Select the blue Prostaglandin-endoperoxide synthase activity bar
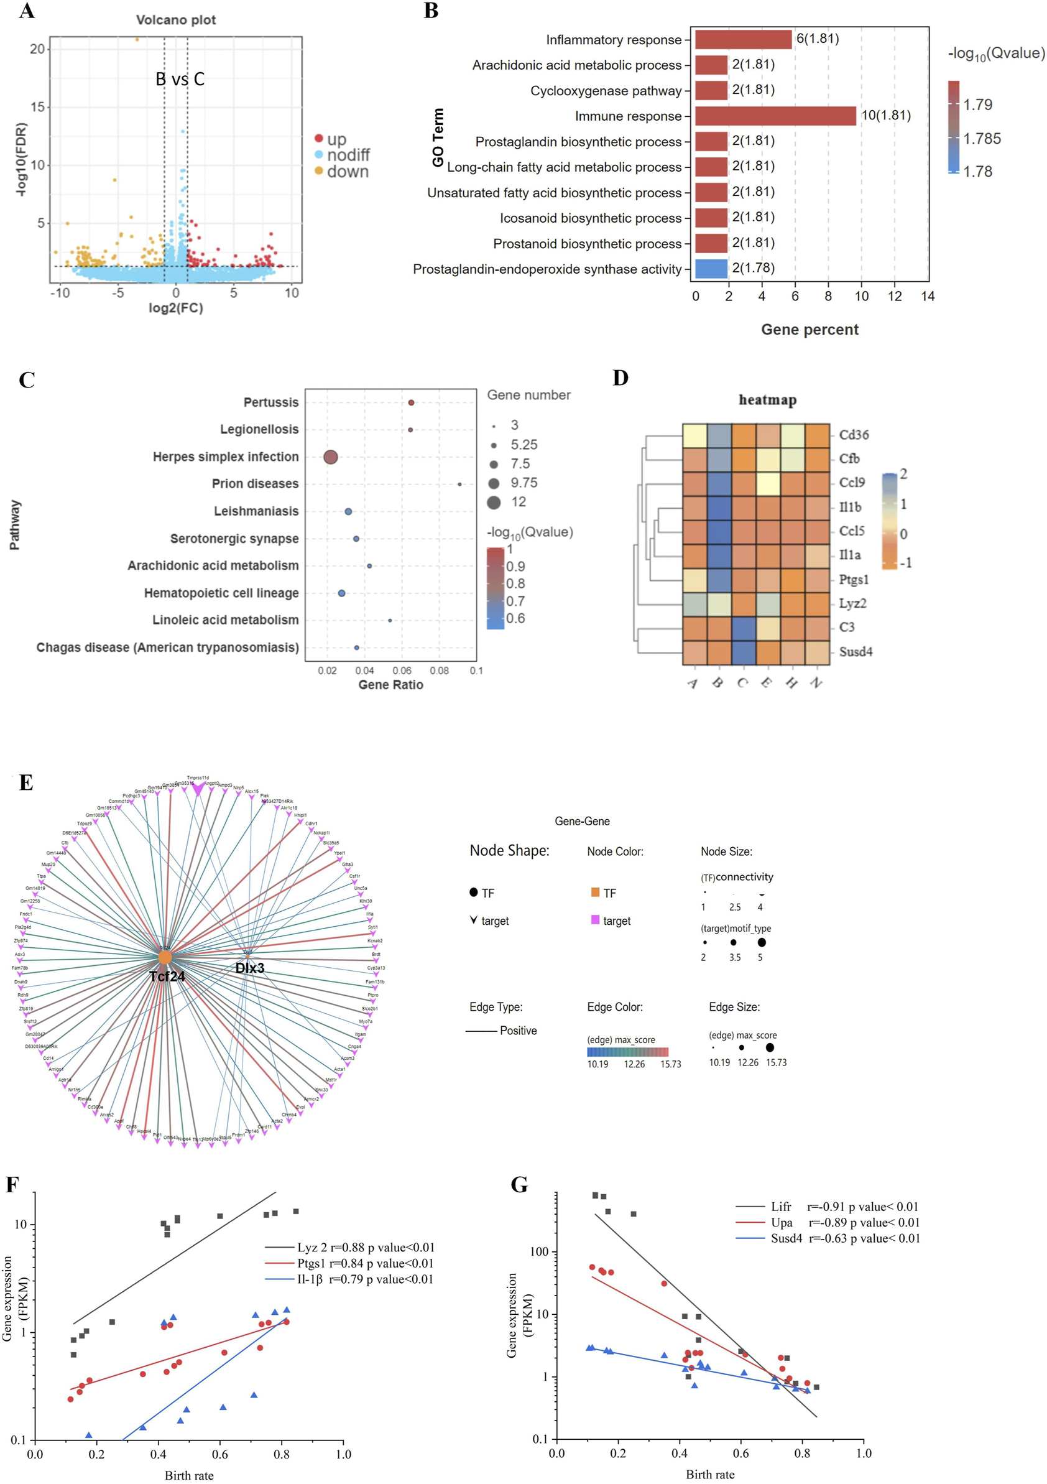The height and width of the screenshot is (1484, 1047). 711,269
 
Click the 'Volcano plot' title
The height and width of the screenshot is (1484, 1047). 176,20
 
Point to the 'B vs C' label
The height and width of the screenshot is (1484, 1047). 180,79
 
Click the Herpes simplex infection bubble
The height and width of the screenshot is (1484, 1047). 330,457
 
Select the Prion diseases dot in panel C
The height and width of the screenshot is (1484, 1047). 459,483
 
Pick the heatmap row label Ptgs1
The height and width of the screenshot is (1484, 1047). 853,579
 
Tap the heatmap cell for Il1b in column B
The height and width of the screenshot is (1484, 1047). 719,507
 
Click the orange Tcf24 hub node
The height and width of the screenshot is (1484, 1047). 165,957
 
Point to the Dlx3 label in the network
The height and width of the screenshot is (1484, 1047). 249,968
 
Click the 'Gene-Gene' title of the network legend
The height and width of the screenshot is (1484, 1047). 582,821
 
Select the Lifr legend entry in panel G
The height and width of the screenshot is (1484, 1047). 781,1206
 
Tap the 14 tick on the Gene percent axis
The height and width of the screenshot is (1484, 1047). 928,296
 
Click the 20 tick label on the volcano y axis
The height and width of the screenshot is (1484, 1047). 37,49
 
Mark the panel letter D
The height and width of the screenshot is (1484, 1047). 620,378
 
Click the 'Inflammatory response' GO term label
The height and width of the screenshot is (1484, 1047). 613,40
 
